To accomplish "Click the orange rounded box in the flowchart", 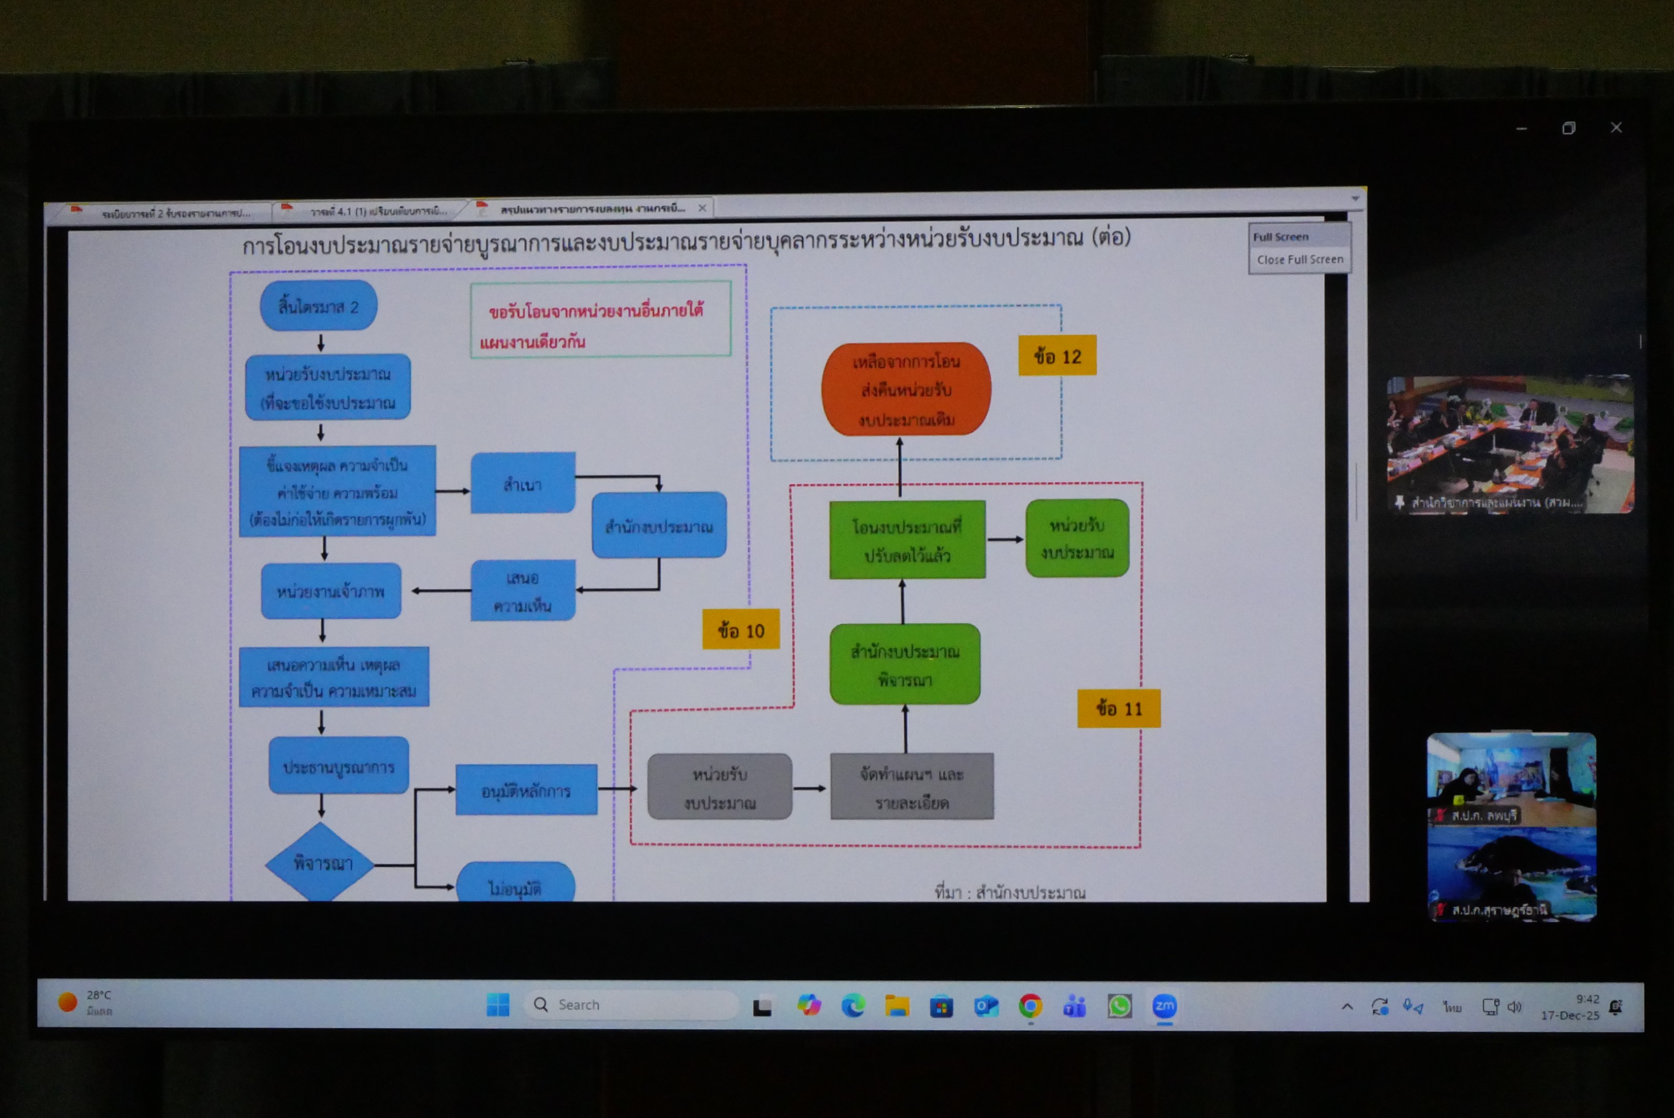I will click(906, 389).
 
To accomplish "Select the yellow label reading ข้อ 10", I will click(741, 630).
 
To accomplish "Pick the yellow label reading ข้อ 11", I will click(1118, 708).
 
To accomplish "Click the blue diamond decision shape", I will click(320, 863).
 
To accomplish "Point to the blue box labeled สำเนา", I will click(523, 483).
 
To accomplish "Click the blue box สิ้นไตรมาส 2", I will click(318, 306).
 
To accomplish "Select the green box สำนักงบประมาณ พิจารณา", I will click(904, 664).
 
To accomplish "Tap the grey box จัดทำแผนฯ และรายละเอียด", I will click(911, 787).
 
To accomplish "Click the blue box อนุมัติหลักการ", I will click(526, 789).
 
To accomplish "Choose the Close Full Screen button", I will click(1299, 259).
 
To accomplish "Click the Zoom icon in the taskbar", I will click(1164, 1006).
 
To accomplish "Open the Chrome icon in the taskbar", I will click(1030, 1006).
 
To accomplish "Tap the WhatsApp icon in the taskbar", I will click(1119, 1006).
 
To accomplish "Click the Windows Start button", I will click(498, 1005).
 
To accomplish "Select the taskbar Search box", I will click(631, 1005).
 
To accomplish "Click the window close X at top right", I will click(1616, 128).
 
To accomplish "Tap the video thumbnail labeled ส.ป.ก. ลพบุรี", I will click(1511, 779).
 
